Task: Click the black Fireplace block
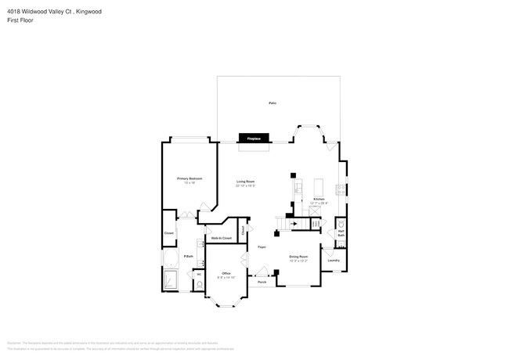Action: [253, 139]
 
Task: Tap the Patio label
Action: [273, 103]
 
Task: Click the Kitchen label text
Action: [318, 200]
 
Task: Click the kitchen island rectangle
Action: [319, 187]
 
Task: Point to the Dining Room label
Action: [299, 256]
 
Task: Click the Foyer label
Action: [262, 247]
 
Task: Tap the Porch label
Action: [262, 282]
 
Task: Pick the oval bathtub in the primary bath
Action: [170, 258]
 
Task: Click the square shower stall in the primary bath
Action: [170, 280]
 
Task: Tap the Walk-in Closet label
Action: [221, 237]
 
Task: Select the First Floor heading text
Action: [20, 20]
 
